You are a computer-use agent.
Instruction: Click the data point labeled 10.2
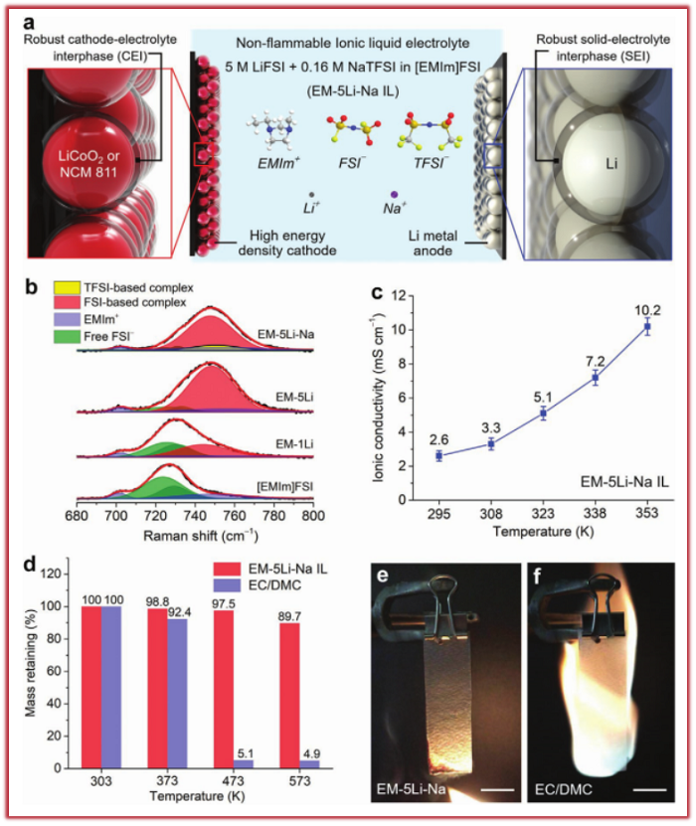647,326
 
